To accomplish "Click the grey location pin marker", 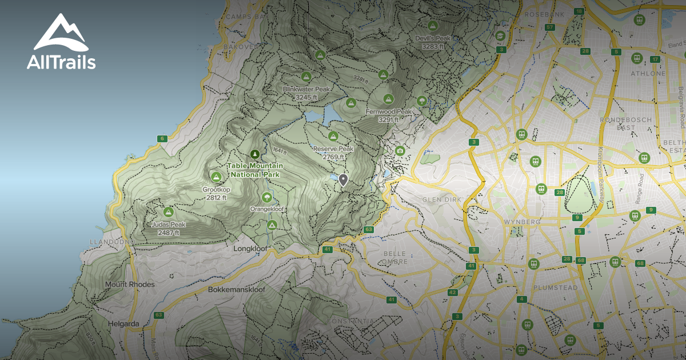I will (x=343, y=180).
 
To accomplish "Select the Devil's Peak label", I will (x=433, y=42).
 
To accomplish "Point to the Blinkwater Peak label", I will (x=306, y=93).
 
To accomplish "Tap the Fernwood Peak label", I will (x=388, y=115).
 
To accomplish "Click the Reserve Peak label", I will (x=333, y=153).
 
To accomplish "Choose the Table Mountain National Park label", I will (x=255, y=170).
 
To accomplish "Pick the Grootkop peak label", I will (x=216, y=193).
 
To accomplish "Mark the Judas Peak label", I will (x=168, y=229).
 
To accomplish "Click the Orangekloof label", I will (x=266, y=209).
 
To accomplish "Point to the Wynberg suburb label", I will (x=518, y=221).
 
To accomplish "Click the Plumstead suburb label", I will (x=555, y=287).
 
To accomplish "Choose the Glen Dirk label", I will (x=441, y=199).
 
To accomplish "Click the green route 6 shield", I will (x=162, y=138).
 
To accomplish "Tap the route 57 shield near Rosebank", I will (x=550, y=27).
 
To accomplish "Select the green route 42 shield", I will (x=452, y=292).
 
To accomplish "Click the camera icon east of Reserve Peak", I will (x=400, y=150).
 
